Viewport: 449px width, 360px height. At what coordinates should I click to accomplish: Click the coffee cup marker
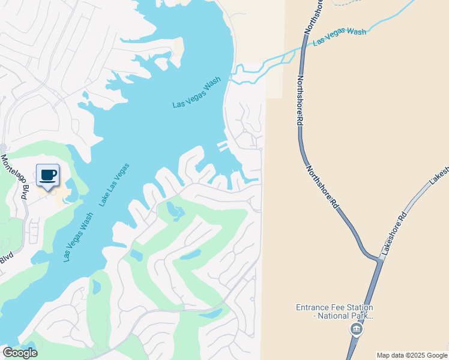[48, 176]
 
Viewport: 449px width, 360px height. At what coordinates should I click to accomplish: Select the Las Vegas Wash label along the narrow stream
[339, 36]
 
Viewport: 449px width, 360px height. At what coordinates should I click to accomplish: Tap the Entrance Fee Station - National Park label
[334, 311]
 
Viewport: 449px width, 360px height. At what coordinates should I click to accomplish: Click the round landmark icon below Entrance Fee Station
[356, 329]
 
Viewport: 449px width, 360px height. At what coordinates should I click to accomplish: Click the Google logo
[20, 352]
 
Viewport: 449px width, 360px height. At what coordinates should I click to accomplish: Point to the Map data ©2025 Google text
[412, 355]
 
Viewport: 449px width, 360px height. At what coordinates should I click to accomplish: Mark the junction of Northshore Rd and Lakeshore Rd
[380, 259]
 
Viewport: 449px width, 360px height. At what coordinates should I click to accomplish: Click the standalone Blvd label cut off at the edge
[6, 257]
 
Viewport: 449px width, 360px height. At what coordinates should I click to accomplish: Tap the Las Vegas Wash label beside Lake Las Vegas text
[79, 236]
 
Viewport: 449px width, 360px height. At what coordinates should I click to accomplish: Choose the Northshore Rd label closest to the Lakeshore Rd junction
[322, 186]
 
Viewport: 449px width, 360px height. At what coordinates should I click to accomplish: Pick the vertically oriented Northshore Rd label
[299, 99]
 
